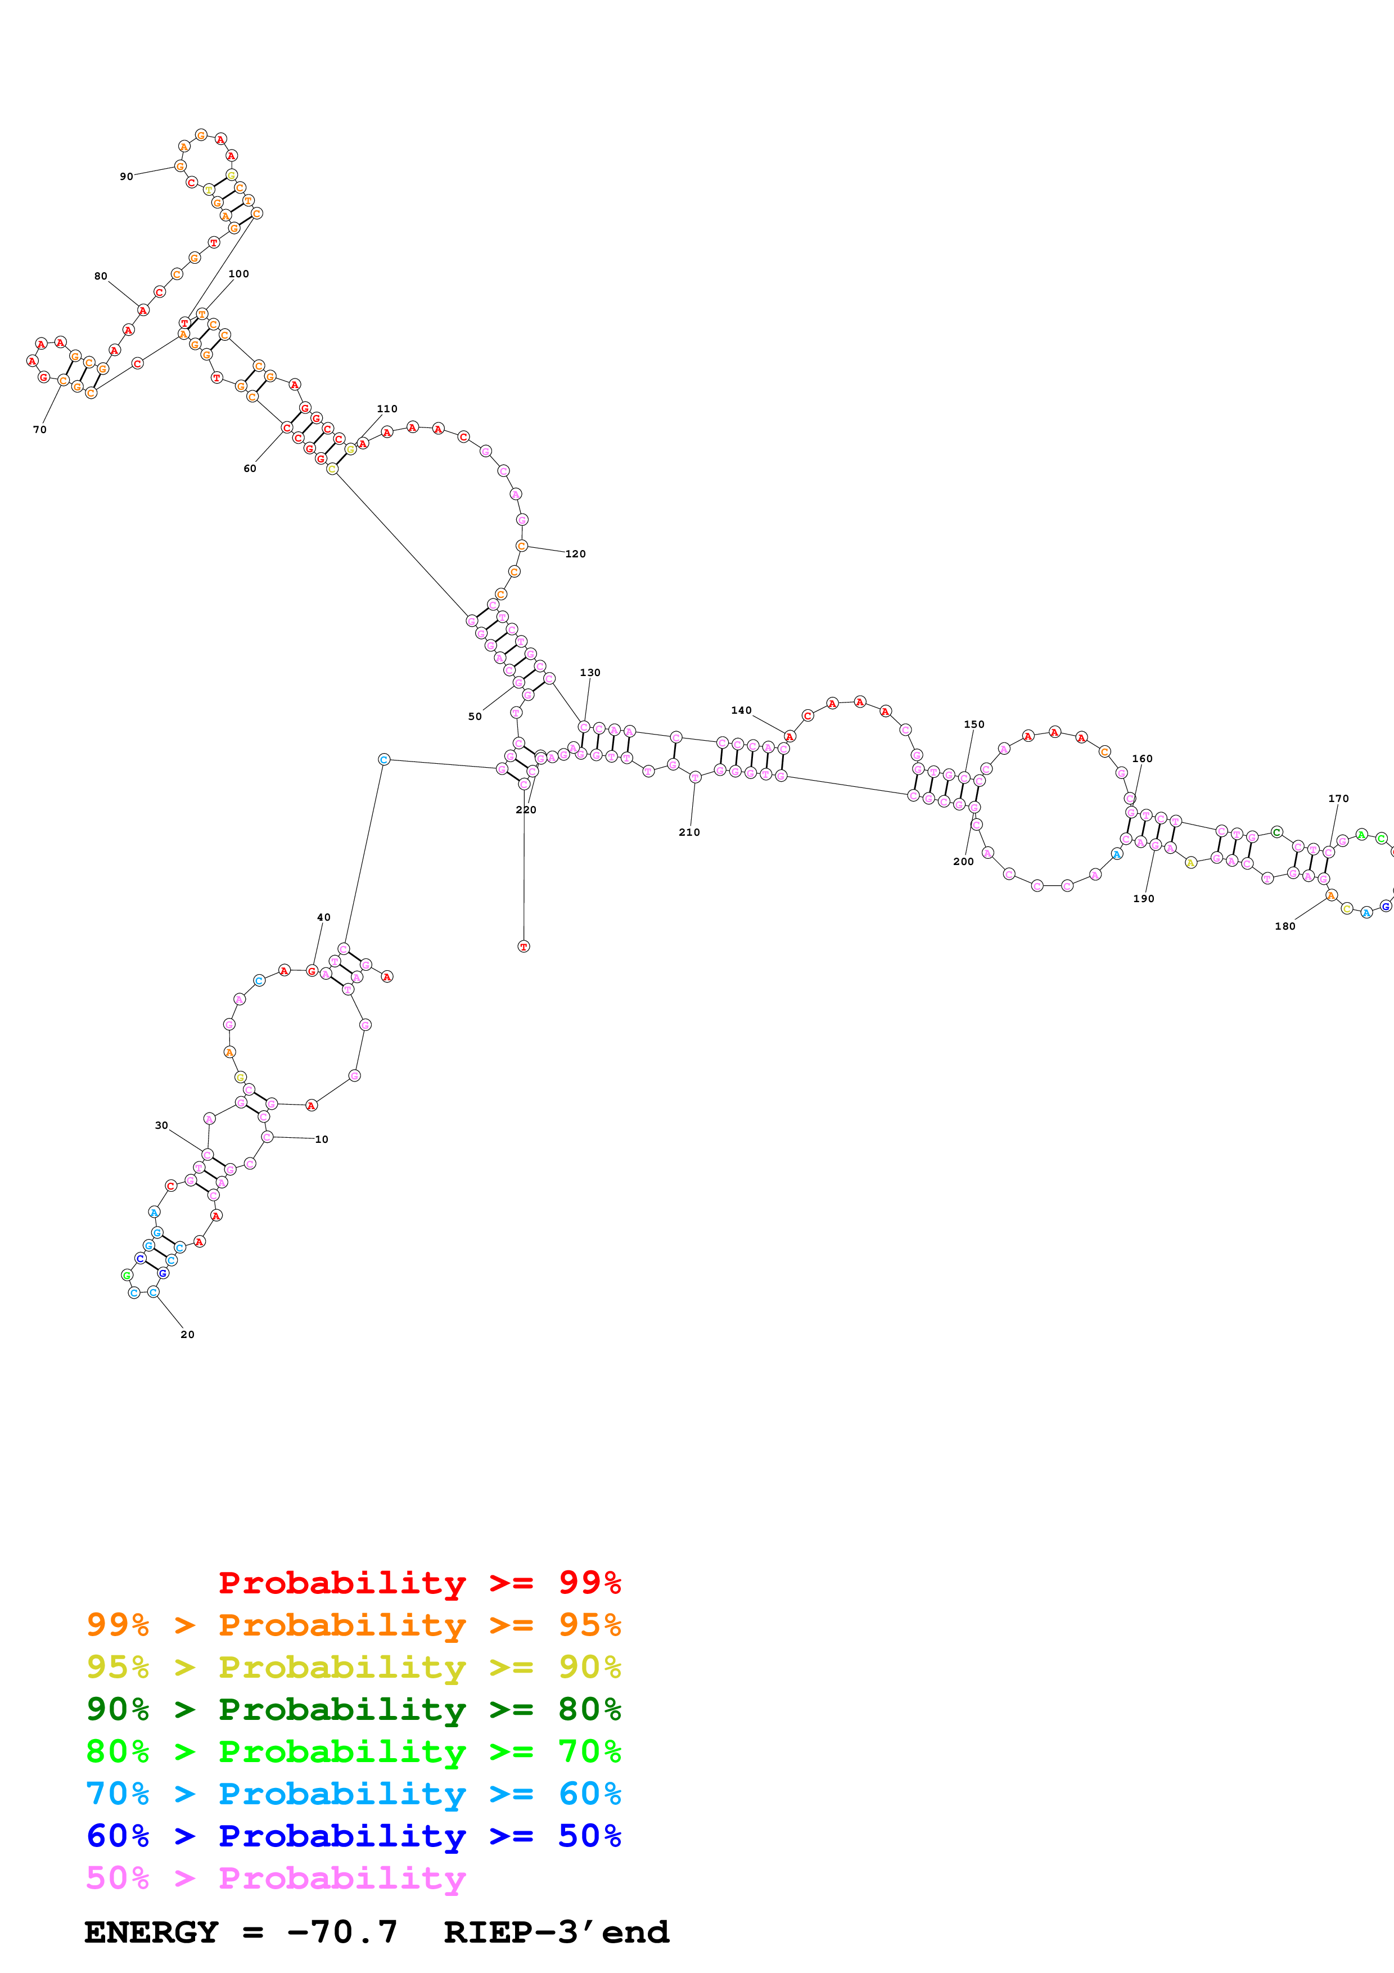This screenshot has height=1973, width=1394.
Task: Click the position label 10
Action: pyautogui.click(x=321, y=1139)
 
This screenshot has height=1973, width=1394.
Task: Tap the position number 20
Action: pyautogui.click(x=187, y=1335)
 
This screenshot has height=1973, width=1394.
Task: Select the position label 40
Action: pyautogui.click(x=324, y=918)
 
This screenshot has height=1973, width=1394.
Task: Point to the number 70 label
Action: pyautogui.click(x=39, y=430)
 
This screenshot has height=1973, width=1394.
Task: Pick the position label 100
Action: pyautogui.click(x=239, y=274)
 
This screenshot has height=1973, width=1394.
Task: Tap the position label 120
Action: pyautogui.click(x=575, y=554)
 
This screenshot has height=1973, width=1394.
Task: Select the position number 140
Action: pyautogui.click(x=741, y=711)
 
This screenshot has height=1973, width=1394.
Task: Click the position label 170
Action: pyautogui.click(x=1338, y=799)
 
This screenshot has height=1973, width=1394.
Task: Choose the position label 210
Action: pyautogui.click(x=689, y=833)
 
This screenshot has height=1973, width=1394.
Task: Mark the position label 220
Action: pyautogui.click(x=526, y=810)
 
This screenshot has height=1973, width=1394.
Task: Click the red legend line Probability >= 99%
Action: pyautogui.click(x=419, y=1583)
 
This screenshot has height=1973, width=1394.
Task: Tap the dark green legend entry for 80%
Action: pyautogui.click(x=354, y=1709)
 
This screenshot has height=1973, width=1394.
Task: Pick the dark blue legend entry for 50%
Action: pyautogui.click(x=354, y=1836)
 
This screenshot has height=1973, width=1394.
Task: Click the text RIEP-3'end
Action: pyautogui.click(x=556, y=1933)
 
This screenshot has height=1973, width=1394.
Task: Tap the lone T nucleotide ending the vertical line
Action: pyautogui.click(x=524, y=946)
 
